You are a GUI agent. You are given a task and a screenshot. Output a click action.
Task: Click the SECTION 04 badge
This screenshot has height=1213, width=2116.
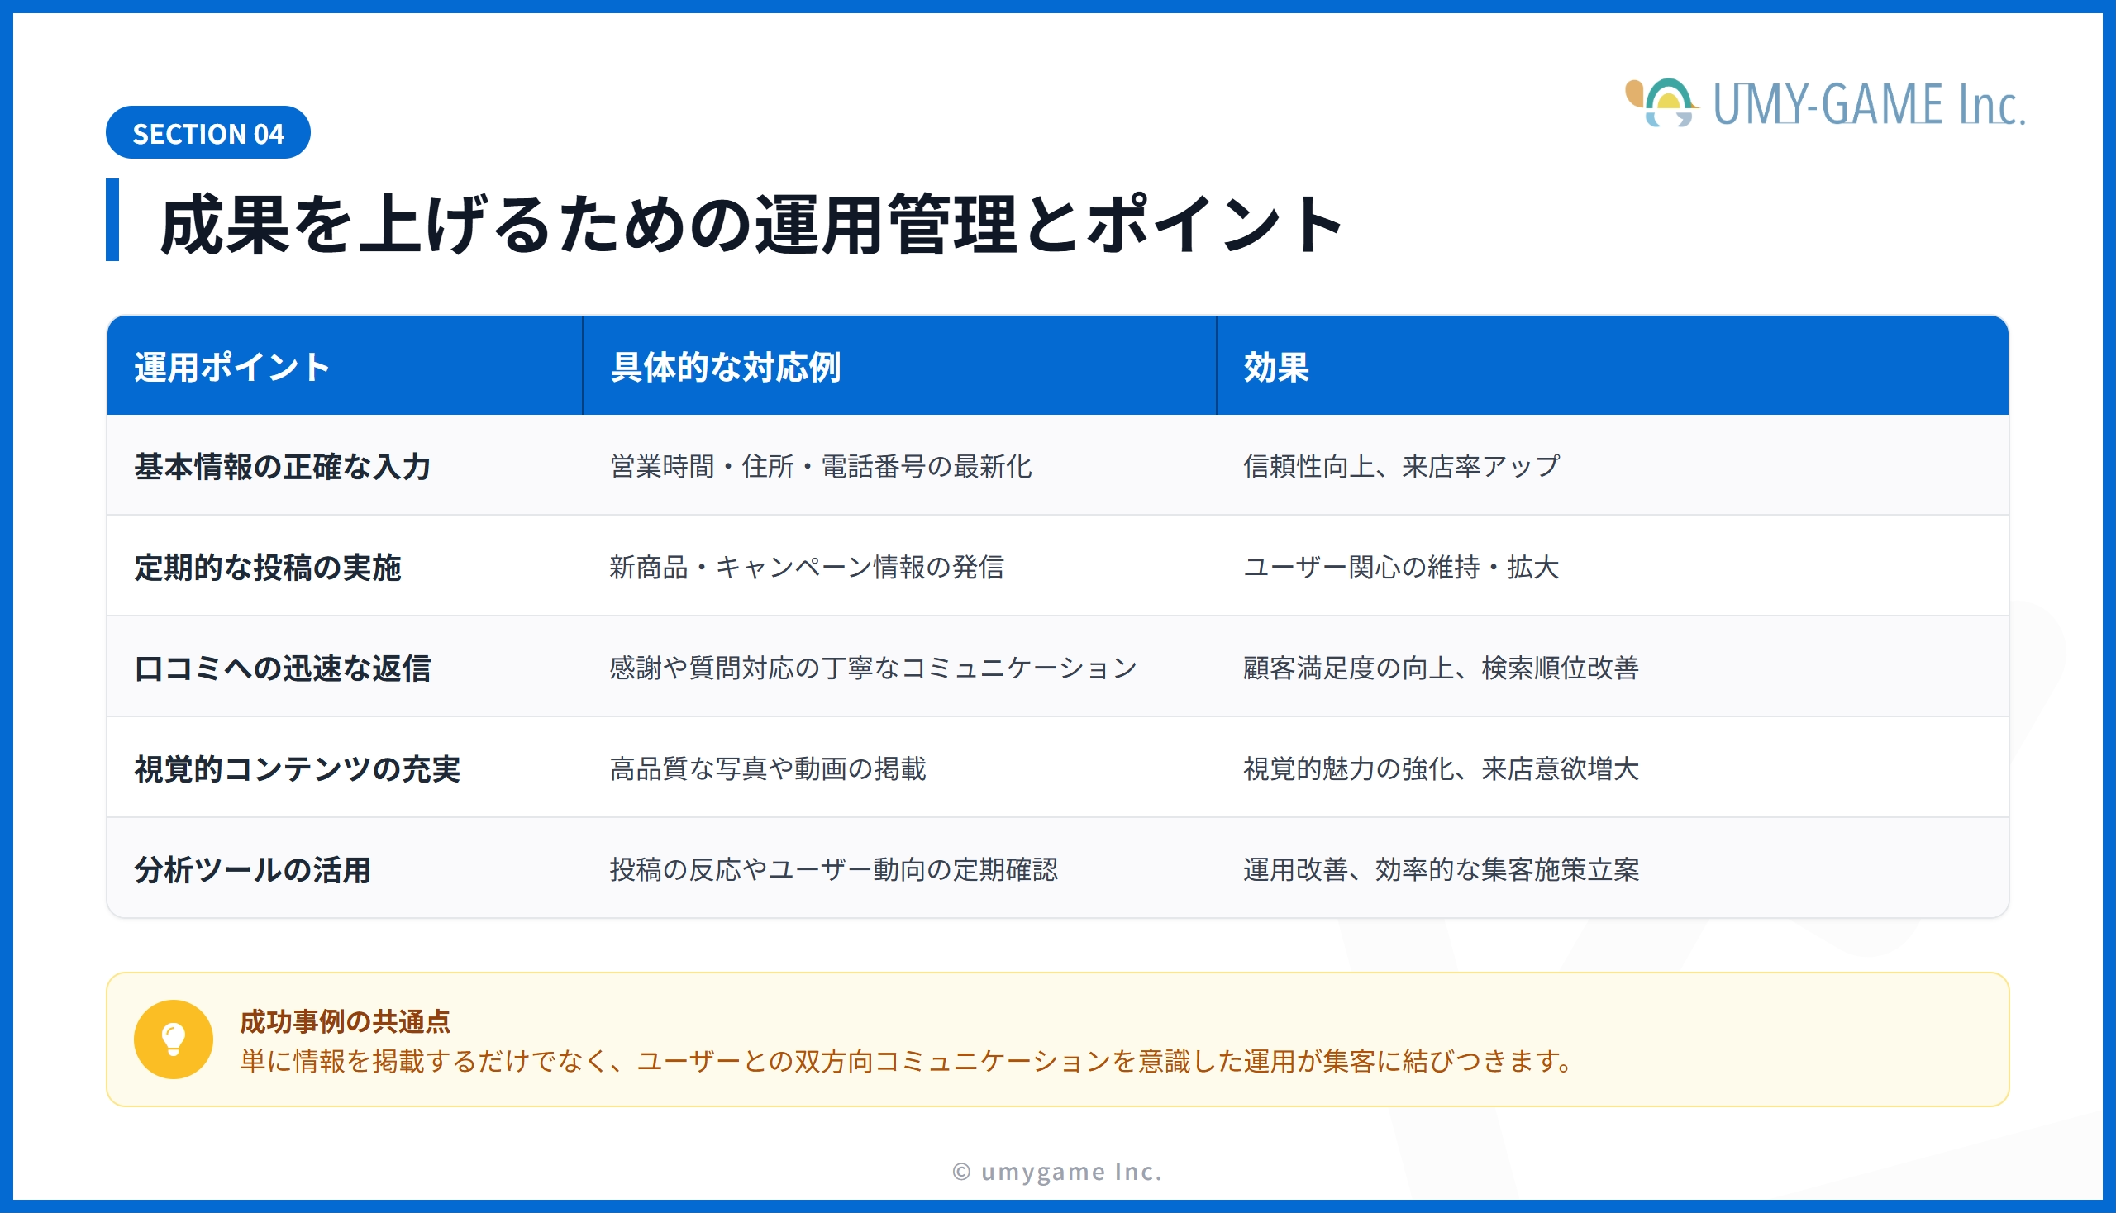coord(208,132)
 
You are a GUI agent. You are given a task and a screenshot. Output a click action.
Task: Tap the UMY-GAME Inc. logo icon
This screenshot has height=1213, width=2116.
coord(1661,102)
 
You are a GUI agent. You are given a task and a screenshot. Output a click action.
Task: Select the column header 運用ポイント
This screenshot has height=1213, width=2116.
coord(231,368)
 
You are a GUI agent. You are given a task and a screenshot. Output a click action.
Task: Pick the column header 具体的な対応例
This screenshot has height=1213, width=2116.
coord(725,368)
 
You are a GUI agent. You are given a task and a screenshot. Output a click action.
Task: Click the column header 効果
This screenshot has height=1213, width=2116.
coord(1276,368)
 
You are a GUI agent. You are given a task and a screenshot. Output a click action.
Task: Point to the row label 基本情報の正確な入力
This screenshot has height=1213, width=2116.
coord(283,467)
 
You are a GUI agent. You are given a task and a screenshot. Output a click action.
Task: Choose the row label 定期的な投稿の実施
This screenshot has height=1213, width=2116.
coord(268,568)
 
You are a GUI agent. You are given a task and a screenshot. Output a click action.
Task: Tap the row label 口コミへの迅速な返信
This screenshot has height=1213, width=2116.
coord(283,668)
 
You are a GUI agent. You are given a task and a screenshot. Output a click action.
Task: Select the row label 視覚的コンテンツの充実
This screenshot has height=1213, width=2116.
coord(298,769)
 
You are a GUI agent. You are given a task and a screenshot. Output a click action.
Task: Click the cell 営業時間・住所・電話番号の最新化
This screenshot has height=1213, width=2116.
coord(821,467)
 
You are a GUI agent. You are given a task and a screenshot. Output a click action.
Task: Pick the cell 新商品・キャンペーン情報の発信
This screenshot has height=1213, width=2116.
coord(807,568)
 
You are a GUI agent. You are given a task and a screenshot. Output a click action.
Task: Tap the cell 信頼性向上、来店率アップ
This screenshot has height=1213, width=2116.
coord(1402,467)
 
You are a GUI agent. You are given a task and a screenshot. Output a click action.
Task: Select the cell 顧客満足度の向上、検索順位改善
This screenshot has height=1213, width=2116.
coord(1441,668)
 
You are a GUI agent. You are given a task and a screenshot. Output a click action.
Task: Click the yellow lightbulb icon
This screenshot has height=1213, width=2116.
coord(174,1039)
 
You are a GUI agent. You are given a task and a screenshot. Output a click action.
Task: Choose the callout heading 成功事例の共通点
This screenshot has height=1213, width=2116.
coord(345,1020)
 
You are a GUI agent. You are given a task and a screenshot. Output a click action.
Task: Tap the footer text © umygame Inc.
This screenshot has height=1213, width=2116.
coord(1057,1172)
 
